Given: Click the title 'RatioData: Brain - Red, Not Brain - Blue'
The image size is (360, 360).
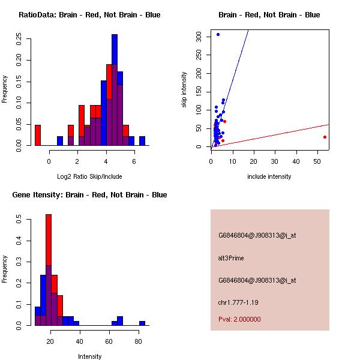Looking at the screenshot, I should click(89, 15).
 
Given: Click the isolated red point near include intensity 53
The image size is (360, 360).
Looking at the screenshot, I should click(325, 137).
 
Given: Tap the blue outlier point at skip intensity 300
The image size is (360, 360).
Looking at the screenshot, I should click(218, 35).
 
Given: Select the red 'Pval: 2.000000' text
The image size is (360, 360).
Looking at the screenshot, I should click(239, 319).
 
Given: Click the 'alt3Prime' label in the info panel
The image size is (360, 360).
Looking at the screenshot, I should click(231, 258).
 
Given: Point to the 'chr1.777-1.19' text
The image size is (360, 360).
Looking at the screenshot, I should click(238, 302).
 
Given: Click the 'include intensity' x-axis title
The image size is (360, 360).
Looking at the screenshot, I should click(269, 176).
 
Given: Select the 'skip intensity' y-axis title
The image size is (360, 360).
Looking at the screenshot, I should click(185, 90).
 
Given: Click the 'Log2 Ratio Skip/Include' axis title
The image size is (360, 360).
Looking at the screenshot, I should click(89, 176).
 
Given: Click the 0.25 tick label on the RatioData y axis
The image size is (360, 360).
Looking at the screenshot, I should click(20, 39).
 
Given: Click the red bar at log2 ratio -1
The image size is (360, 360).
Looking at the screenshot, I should click(38, 135).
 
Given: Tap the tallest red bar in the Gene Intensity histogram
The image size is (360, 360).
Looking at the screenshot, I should click(49, 240).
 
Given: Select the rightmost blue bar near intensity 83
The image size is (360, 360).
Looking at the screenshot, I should click(142, 323).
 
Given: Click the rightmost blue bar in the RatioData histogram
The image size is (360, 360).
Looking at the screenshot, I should click(142, 141).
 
